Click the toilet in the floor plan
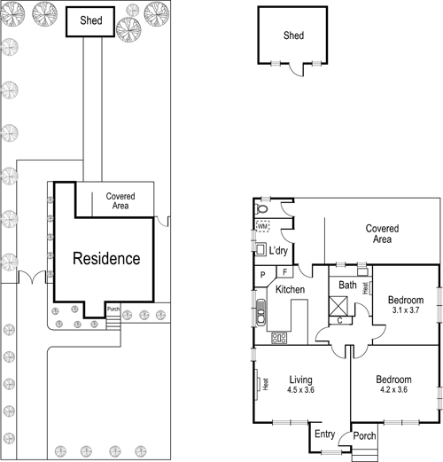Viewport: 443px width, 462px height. pos(261,208)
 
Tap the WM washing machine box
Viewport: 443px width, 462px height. pos(262,226)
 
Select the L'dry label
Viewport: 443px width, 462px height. pos(278,251)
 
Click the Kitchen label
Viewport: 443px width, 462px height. pos(290,289)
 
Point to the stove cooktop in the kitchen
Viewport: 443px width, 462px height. pos(279,338)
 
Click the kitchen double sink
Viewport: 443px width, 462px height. pos(260,312)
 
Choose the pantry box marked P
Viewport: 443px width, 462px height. pos(262,275)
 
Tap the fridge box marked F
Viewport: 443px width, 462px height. pos(285,271)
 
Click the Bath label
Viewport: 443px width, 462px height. pos(347,285)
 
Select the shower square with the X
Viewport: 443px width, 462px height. pos(338,306)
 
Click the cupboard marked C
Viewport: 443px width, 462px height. pos(340,320)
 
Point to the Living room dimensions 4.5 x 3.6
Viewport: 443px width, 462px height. pos(300,390)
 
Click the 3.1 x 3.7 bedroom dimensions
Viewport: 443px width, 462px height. pos(406,310)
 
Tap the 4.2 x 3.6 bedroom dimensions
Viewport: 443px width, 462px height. pos(393,389)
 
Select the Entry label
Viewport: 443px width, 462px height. pos(325,434)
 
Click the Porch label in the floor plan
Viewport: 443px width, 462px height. pos(364,435)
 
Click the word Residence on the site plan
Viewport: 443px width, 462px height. pos(106,258)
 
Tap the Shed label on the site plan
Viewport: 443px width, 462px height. pos(91,20)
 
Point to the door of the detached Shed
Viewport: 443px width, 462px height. pos(297,69)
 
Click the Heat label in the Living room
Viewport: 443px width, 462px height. pos(266,384)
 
